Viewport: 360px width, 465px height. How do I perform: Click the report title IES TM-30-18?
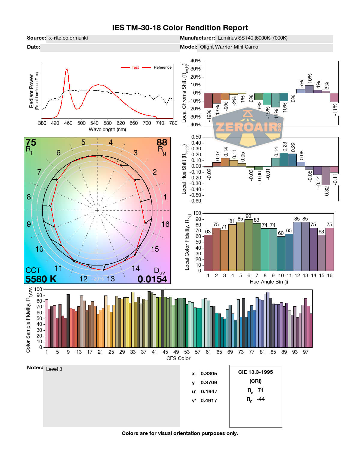coord(180,28)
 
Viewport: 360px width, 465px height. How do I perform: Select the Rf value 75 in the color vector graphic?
coord(31,142)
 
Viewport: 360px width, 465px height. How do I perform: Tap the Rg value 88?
coord(162,142)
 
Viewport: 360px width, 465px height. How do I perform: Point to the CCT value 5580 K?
coord(41,279)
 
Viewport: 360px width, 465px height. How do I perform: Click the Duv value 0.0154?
coord(152,279)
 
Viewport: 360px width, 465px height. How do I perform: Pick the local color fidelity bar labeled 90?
coord(249,245)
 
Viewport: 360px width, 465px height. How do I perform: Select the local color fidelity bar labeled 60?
coord(281,253)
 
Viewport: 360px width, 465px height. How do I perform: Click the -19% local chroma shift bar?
coord(208,100)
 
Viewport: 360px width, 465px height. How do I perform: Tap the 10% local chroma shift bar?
coord(309,89)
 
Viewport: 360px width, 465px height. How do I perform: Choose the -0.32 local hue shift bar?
coord(326,175)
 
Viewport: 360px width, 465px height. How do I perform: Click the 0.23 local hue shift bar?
coord(284,160)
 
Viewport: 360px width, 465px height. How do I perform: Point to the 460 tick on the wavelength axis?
coord(68,123)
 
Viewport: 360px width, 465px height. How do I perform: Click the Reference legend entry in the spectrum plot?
coord(162,67)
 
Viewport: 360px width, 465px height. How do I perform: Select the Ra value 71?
coord(261,390)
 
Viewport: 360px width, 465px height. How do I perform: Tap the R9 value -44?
coord(261,399)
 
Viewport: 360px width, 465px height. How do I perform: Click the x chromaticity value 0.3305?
coord(209,373)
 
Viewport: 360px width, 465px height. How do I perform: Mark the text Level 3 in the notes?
coord(54,369)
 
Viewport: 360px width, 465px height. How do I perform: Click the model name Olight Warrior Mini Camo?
coord(229,47)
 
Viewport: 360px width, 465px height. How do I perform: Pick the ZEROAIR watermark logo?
coord(248,127)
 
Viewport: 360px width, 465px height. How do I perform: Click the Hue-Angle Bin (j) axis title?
coord(269,282)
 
